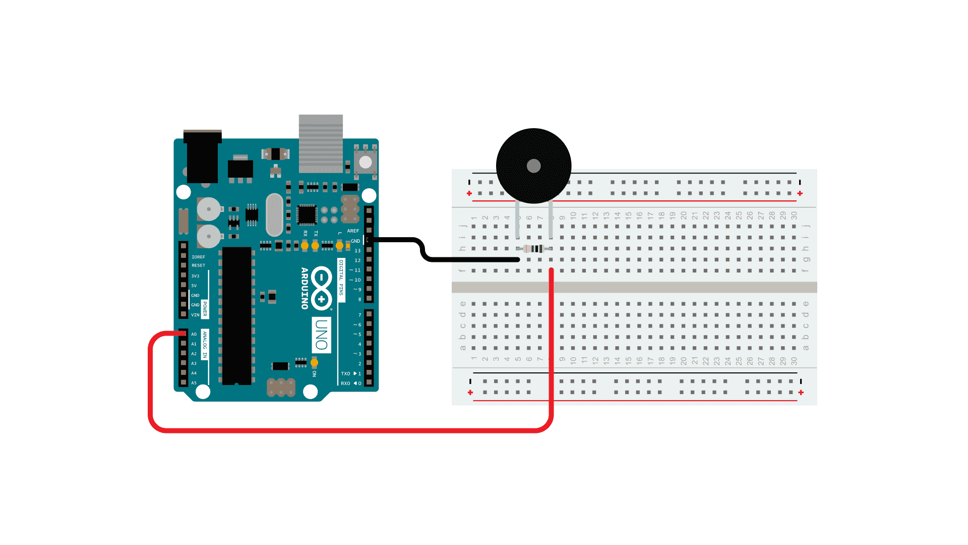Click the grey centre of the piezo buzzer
533,166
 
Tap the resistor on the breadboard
534,248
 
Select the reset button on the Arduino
365,162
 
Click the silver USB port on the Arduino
321,143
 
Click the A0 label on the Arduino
194,334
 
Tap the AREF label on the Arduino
353,231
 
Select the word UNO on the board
321,335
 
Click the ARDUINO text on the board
305,288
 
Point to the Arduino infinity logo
321,288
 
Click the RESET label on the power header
198,265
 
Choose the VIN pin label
195,315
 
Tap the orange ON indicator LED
314,363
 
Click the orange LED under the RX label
305,246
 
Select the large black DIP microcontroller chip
236,315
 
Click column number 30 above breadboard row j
794,215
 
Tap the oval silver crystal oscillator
274,214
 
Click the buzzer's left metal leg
517,220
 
